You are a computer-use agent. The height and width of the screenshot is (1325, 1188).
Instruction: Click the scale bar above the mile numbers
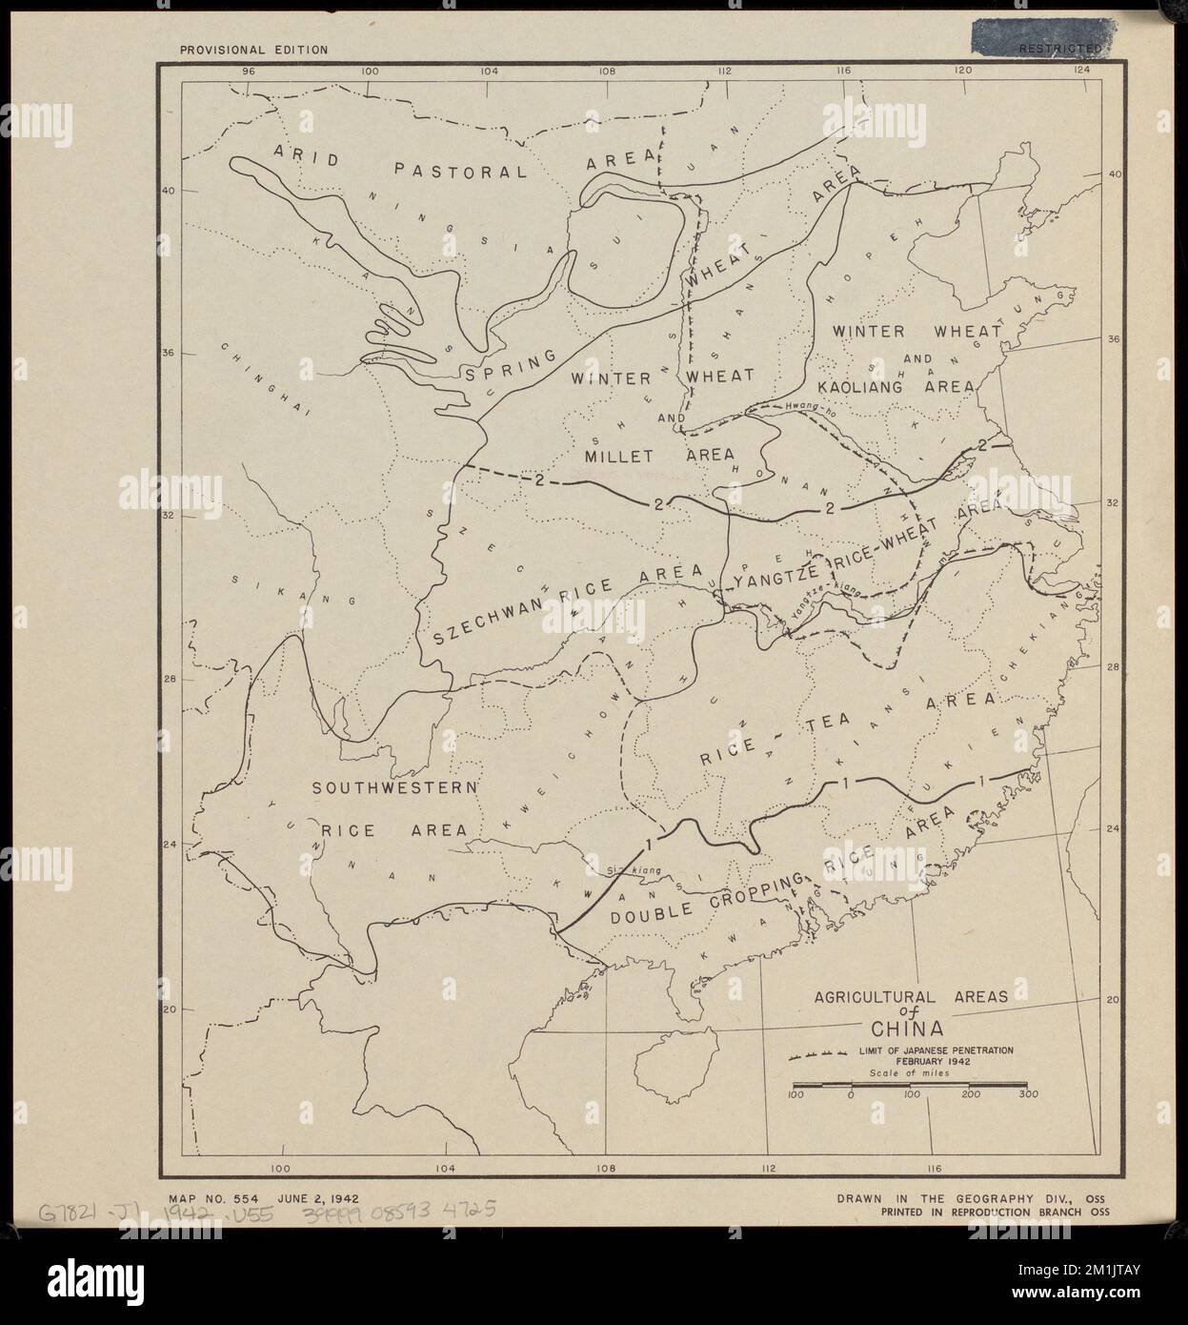click(910, 1085)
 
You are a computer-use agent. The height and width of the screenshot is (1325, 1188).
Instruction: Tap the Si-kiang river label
click(630, 869)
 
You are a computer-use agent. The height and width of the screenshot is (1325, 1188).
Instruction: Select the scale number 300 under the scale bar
click(1025, 1096)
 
